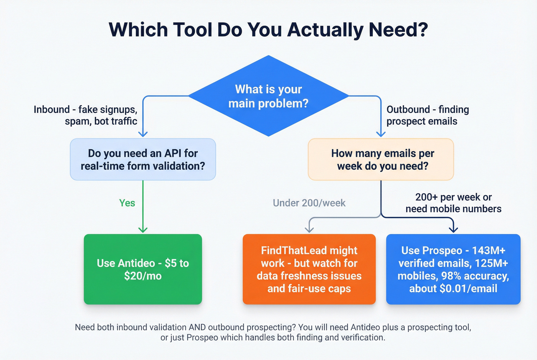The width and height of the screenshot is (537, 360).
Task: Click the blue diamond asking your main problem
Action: click(x=268, y=96)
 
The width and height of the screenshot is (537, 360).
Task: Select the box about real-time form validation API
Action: click(x=143, y=159)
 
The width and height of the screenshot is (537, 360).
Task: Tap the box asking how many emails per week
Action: click(x=381, y=159)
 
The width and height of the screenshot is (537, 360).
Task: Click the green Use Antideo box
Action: click(x=143, y=269)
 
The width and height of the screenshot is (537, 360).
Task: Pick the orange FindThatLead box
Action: click(x=309, y=269)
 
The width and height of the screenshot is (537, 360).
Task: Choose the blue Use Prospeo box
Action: click(x=453, y=269)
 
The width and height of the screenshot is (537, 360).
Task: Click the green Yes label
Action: click(x=127, y=203)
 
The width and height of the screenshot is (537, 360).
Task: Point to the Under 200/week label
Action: click(x=309, y=203)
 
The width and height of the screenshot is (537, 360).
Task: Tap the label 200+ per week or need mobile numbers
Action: click(x=453, y=203)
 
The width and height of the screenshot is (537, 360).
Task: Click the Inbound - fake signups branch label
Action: click(x=86, y=115)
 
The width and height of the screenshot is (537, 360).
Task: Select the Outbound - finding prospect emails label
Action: click(x=427, y=115)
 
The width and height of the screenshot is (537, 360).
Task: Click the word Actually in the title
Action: click(x=325, y=30)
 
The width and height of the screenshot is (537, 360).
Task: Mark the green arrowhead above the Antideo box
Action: click(x=143, y=230)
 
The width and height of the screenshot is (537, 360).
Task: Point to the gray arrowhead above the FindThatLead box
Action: click(x=309, y=230)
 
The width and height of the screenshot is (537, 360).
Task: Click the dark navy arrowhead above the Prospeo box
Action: click(x=453, y=230)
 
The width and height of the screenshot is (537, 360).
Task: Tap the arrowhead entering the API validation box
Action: click(x=143, y=134)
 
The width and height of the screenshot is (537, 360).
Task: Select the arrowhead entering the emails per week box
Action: click(x=381, y=134)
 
